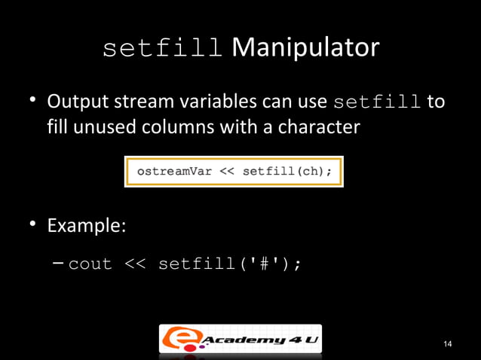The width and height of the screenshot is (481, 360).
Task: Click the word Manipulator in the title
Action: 305,48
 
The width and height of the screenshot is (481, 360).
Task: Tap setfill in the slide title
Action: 162,49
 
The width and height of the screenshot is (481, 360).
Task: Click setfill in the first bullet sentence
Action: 377,102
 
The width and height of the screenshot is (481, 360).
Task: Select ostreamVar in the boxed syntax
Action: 172,171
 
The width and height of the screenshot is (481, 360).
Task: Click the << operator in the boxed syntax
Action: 227,171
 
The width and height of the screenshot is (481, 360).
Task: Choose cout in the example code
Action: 90,264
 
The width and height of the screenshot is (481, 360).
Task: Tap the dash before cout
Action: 59,264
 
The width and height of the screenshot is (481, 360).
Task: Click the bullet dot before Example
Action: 34,226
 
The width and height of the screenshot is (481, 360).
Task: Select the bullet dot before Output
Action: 34,102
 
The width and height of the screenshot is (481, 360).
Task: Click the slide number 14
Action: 448,344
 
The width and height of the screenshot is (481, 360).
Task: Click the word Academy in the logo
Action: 243,340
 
